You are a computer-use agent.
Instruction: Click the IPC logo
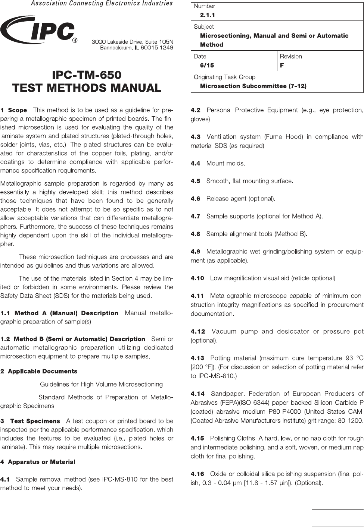(37, 30)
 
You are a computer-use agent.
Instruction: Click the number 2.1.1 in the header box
(208, 15)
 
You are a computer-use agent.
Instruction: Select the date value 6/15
(207, 65)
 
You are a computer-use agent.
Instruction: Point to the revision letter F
(282, 65)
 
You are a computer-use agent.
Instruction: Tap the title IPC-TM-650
(87, 75)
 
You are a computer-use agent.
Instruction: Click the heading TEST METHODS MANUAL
(87, 88)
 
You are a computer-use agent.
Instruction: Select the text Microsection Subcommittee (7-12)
(253, 86)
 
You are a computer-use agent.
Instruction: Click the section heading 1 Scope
(14, 110)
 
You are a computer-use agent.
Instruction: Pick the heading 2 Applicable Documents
(39, 371)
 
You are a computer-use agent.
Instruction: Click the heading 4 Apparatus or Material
(38, 462)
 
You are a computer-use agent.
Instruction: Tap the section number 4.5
(195, 181)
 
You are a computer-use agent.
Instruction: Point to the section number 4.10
(197, 278)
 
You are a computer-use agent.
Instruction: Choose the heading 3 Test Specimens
(31, 421)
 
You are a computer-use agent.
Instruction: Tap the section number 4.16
(197, 474)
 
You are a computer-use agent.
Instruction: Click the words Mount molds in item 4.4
(225, 163)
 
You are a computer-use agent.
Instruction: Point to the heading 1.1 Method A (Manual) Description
(59, 313)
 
